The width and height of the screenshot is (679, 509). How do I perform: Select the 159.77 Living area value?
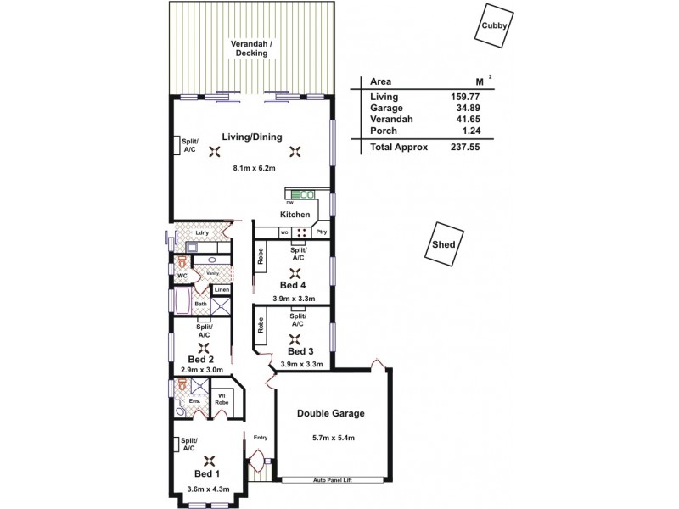pos(466,97)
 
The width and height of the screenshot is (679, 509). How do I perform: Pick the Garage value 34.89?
pos(466,109)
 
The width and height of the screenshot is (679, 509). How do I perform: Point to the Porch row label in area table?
pos(384,131)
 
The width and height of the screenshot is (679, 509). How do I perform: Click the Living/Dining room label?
pos(252,137)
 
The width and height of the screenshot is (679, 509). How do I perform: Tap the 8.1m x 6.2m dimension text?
pos(254,168)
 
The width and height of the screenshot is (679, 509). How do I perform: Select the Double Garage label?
pos(330,414)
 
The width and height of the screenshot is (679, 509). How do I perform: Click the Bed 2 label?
pos(201,360)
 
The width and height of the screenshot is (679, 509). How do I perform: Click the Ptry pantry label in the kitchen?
pos(322,232)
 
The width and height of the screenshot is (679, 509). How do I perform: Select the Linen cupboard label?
pos(221,290)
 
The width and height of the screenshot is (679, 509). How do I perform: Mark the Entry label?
pos(261,438)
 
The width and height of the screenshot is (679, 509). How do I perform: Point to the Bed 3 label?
pos(300,351)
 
